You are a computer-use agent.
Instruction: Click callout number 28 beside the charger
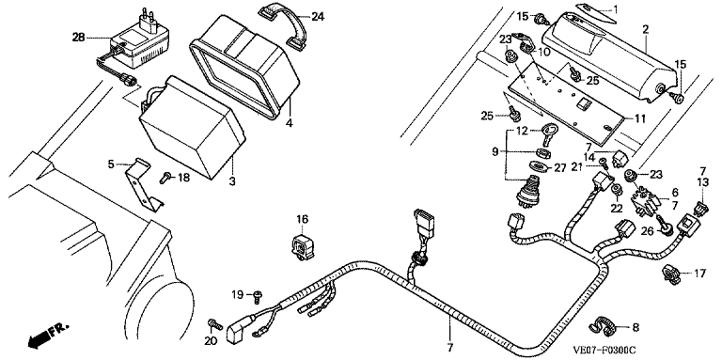(79, 37)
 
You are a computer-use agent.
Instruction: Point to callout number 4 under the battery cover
(290, 124)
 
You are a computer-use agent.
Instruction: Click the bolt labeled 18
(167, 178)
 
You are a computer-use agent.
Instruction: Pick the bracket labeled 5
(143, 184)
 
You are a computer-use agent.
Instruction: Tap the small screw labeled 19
(257, 296)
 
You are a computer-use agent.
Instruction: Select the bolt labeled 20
(214, 324)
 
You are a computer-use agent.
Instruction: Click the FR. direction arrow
(47, 336)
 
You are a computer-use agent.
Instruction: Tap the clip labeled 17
(671, 273)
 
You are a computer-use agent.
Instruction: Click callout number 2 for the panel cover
(645, 29)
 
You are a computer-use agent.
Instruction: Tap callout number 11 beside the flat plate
(639, 118)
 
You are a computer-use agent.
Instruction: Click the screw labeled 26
(666, 225)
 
